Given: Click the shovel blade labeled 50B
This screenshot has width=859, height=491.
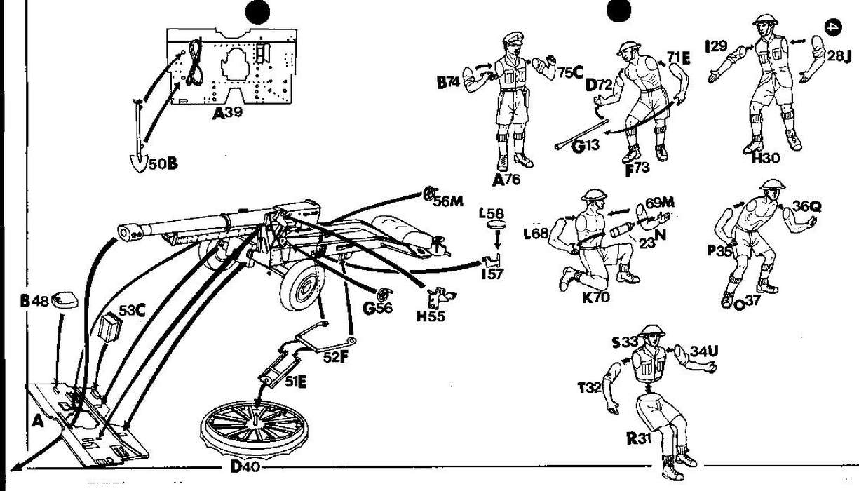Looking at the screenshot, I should (x=137, y=161).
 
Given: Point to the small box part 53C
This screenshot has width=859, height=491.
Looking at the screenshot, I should (x=111, y=327).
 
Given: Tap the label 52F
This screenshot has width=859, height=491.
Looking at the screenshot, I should (x=337, y=356).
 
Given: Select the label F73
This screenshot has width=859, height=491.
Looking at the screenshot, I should (x=637, y=169).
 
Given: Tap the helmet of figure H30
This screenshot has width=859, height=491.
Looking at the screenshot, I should (x=763, y=19).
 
